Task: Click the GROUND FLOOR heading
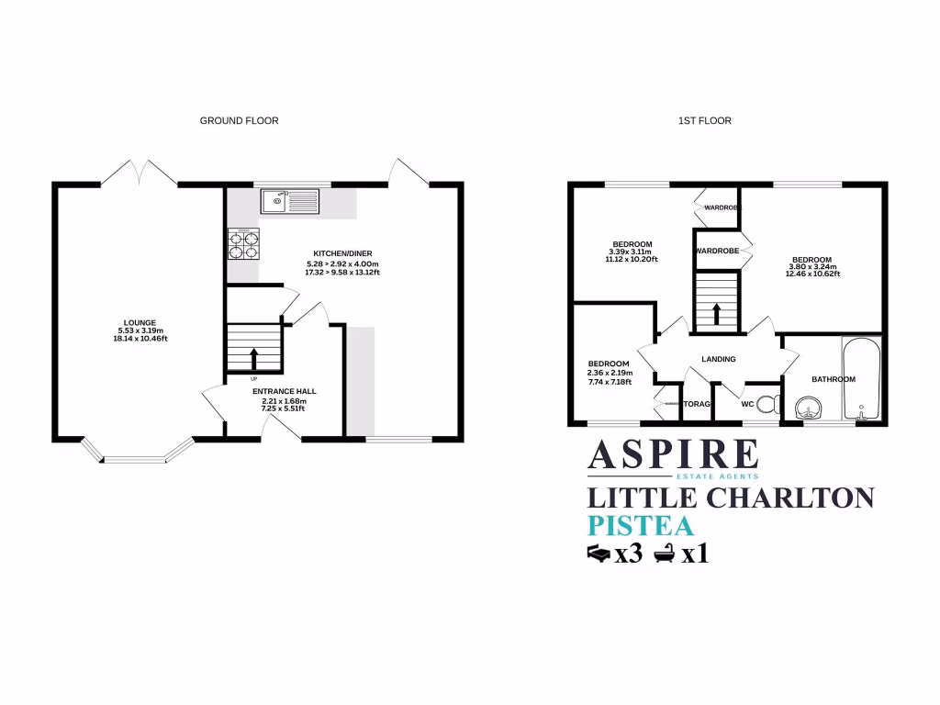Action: click(x=239, y=120)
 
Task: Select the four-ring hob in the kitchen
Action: click(x=243, y=243)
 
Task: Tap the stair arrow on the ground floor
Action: click(x=253, y=354)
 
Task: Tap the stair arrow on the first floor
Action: click(x=715, y=312)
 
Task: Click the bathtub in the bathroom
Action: click(x=861, y=378)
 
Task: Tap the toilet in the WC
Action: click(x=770, y=403)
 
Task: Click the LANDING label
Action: click(x=719, y=359)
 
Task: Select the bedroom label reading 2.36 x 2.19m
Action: click(x=609, y=374)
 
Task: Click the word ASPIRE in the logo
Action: click(x=673, y=455)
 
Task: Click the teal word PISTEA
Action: click(x=639, y=526)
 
